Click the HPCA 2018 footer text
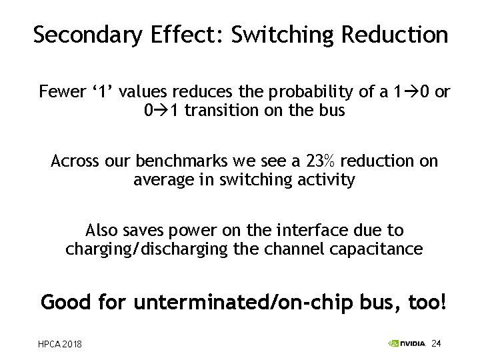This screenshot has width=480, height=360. tap(61, 344)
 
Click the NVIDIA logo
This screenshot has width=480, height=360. tap(407, 343)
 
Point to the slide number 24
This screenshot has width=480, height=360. tap(437, 343)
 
